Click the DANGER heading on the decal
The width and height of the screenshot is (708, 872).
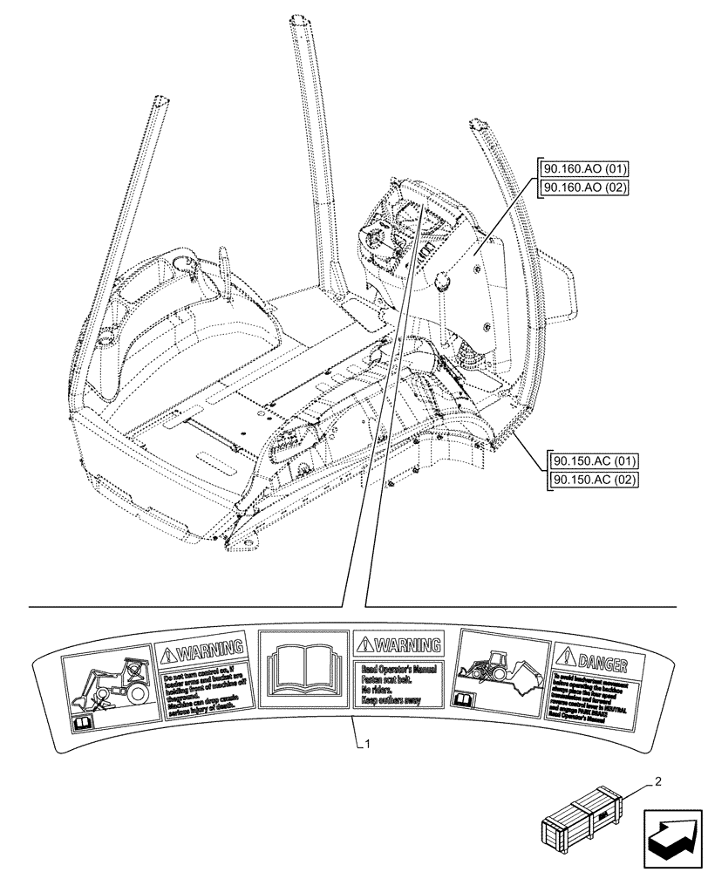598,656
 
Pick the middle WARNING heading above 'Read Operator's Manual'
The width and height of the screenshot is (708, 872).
398,645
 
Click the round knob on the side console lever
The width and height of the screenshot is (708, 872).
440,282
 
